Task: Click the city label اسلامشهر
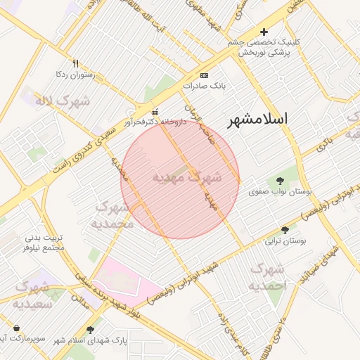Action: [x=258, y=120]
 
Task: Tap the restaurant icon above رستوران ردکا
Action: [x=76, y=63]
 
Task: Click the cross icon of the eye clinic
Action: [x=264, y=32]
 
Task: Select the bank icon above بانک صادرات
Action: [x=204, y=75]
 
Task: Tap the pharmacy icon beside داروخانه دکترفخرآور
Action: [x=155, y=111]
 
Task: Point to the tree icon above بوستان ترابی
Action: [x=285, y=230]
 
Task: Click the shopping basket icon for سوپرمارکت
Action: [x=16, y=328]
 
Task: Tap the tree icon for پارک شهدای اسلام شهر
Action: [x=89, y=329]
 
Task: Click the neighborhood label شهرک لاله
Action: [x=63, y=101]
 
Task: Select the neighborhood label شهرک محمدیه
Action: [x=112, y=216]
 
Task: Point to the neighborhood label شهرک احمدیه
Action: [x=268, y=277]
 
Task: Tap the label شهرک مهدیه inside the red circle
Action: [x=186, y=177]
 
